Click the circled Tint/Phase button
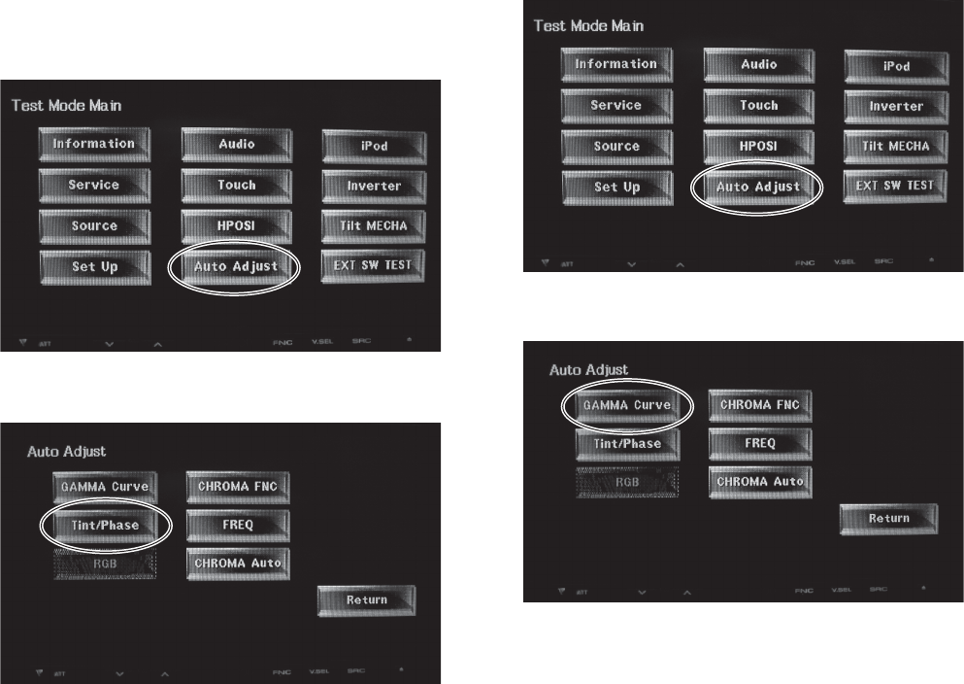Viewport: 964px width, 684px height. [105, 526]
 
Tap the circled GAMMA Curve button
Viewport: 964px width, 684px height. [627, 404]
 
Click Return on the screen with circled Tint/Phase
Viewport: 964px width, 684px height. [367, 600]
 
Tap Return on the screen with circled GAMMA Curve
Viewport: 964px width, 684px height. [888, 519]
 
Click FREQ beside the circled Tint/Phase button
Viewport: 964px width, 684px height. [238, 525]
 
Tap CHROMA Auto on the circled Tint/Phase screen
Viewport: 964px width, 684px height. [238, 563]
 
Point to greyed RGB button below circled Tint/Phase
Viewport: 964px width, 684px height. [105, 563]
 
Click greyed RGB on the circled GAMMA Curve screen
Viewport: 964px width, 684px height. [627, 481]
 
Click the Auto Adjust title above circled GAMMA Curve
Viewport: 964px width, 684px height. [589, 369]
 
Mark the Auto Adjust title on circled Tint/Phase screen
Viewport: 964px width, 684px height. [66, 451]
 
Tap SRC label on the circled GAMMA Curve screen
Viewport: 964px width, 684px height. [879, 589]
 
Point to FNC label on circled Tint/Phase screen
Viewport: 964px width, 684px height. [281, 671]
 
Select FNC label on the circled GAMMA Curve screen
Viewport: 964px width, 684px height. [804, 590]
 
